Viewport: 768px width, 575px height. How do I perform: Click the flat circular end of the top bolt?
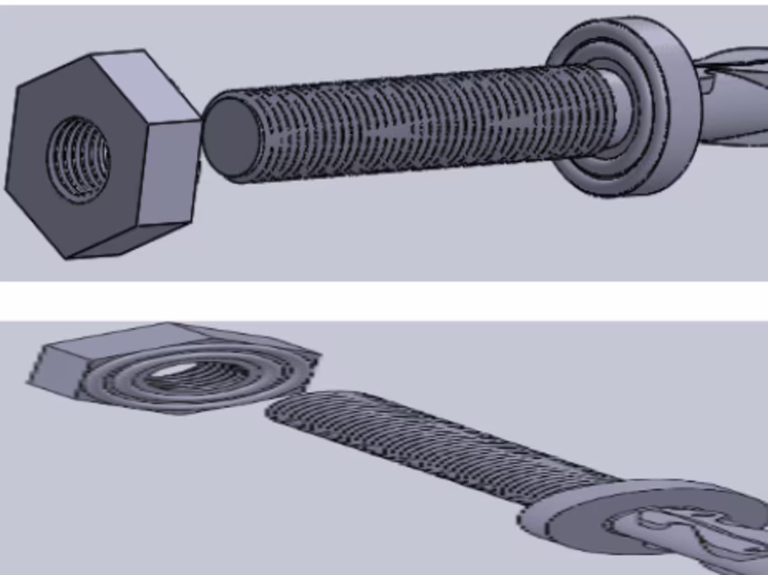229,136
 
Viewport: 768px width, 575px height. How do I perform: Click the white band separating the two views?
384,301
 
